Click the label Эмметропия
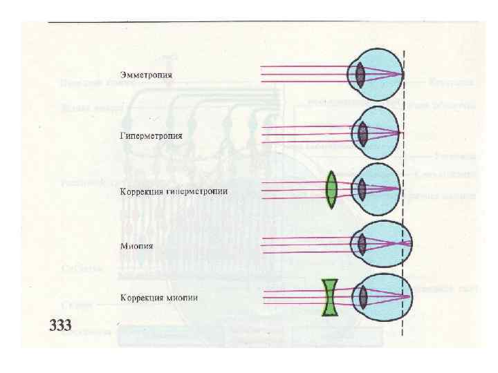click(x=146, y=74)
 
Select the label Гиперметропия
click(x=151, y=135)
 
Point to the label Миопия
click(x=136, y=245)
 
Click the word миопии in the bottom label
click(x=182, y=298)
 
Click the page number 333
click(x=60, y=325)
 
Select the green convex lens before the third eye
click(x=333, y=189)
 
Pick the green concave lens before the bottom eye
click(x=331, y=297)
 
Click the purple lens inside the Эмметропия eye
click(x=360, y=74)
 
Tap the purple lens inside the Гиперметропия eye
click(x=360, y=132)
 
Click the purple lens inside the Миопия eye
click(x=360, y=243)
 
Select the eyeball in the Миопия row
click(x=382, y=242)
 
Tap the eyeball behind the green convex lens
click(x=379, y=188)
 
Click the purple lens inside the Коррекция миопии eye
click(x=363, y=297)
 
